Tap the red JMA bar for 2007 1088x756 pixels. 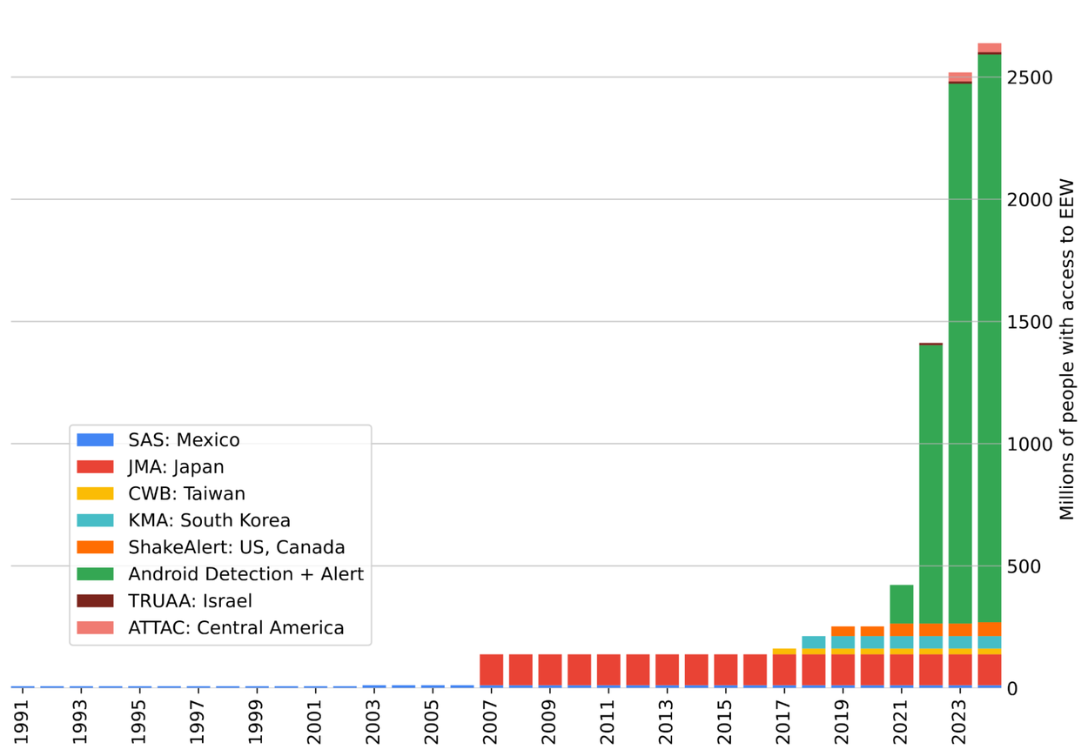[491, 670]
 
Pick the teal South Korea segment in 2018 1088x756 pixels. [813, 642]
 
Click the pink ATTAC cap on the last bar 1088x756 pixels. [989, 47]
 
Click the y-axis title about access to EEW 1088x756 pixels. [1067, 350]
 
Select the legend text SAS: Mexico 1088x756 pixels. [184, 440]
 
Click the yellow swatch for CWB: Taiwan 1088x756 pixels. [95, 494]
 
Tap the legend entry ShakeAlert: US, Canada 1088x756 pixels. [236, 547]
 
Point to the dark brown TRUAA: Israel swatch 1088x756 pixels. [95, 601]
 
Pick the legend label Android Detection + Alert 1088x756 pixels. [245, 574]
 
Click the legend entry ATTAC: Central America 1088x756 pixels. [236, 628]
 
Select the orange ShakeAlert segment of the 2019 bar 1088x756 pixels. [843, 632]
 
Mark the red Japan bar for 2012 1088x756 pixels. [637, 670]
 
